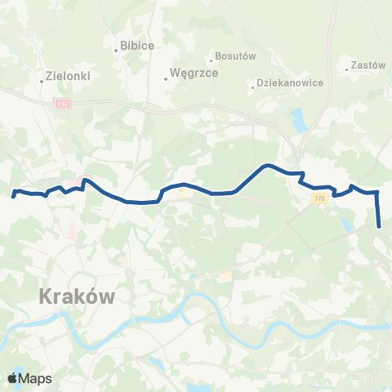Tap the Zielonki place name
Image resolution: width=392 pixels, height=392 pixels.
pyautogui.click(x=69, y=75)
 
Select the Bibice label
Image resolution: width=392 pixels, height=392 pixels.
pyautogui.click(x=137, y=46)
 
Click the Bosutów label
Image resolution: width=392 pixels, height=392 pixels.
pyautogui.click(x=235, y=56)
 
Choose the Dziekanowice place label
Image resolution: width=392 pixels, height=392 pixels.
pyautogui.click(x=291, y=82)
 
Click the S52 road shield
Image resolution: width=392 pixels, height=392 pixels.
pyautogui.click(x=64, y=102)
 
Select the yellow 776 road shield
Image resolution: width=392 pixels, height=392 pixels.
pyautogui.click(x=318, y=198)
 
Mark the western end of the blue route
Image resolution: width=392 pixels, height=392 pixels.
pyautogui.click(x=13, y=196)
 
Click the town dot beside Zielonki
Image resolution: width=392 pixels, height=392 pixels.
pyautogui.click(x=42, y=80)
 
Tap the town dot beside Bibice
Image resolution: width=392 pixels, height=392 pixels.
pyautogui.click(x=117, y=51)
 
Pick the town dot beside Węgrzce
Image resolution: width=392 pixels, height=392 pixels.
pyautogui.click(x=166, y=78)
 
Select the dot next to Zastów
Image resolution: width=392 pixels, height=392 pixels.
pyautogui.click(x=347, y=68)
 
